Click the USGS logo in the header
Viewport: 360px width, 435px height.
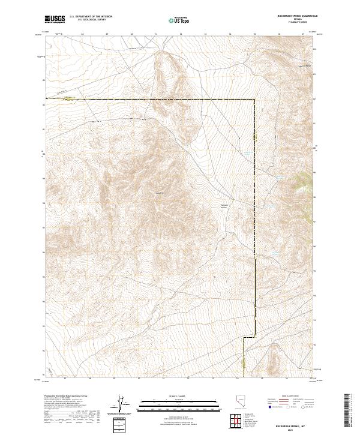[x=55, y=19]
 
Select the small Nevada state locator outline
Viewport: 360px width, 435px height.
[x=240, y=403]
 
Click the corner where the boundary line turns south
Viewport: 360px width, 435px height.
[x=254, y=99]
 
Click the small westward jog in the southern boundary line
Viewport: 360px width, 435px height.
[x=244, y=338]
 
